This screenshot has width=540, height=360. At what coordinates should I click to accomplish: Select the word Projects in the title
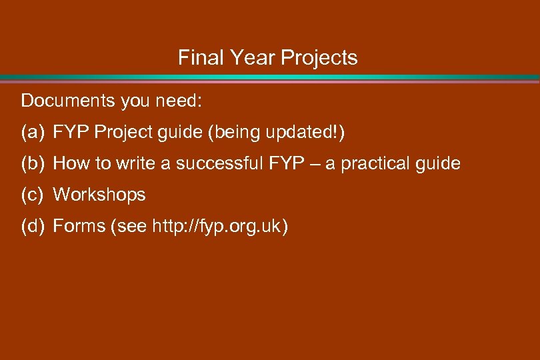pos(319,58)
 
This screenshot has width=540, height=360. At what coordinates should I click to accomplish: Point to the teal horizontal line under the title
pos(270,77)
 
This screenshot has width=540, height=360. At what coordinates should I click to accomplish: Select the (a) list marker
pos(32,132)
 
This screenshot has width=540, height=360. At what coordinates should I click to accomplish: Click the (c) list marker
pos(32,195)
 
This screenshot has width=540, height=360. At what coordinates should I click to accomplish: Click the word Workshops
pos(99,195)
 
